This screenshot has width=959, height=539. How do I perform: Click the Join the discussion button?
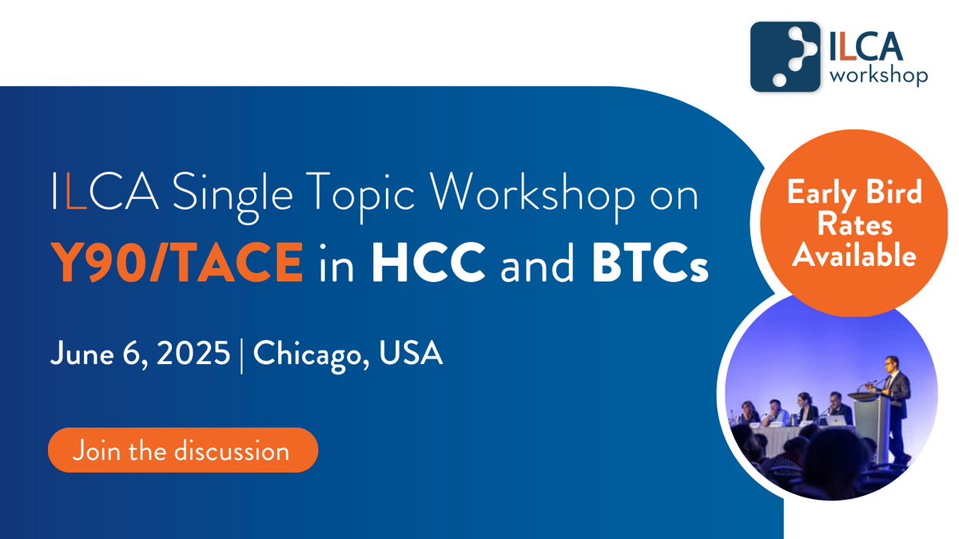click(x=183, y=450)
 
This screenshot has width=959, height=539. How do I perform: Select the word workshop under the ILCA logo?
click(x=879, y=75)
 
